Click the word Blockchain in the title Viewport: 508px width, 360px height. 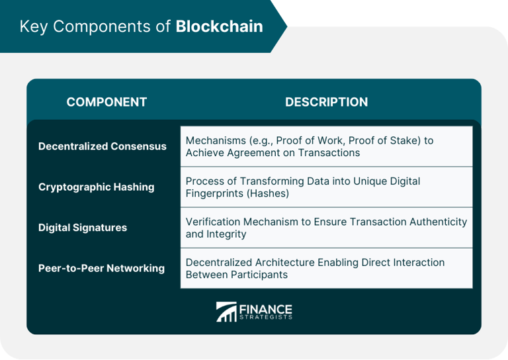click(219, 26)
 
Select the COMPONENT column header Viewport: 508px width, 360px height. click(106, 102)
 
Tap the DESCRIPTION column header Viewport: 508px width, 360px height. click(326, 102)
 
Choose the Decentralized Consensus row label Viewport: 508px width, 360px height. click(103, 146)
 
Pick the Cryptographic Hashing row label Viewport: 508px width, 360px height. click(96, 187)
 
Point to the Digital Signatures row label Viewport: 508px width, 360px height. click(83, 228)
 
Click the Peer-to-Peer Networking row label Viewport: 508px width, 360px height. click(101, 269)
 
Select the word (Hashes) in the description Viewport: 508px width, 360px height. click(266, 193)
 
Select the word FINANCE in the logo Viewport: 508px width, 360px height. click(265, 308)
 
